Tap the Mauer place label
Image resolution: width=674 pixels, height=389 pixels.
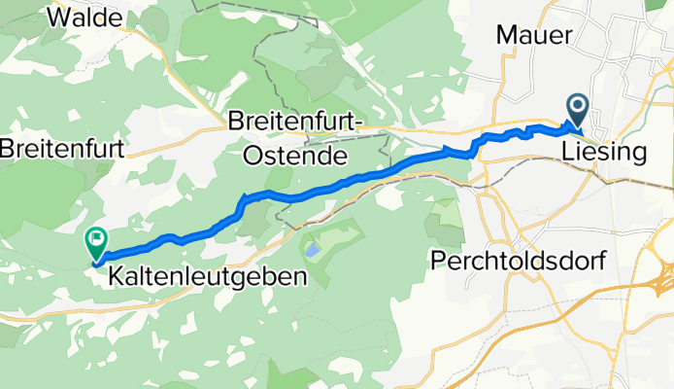(x=533, y=35)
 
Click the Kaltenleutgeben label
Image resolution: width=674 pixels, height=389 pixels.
(x=208, y=276)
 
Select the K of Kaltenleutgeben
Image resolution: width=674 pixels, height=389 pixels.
(x=117, y=276)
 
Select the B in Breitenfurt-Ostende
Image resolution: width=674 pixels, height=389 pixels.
(x=236, y=123)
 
